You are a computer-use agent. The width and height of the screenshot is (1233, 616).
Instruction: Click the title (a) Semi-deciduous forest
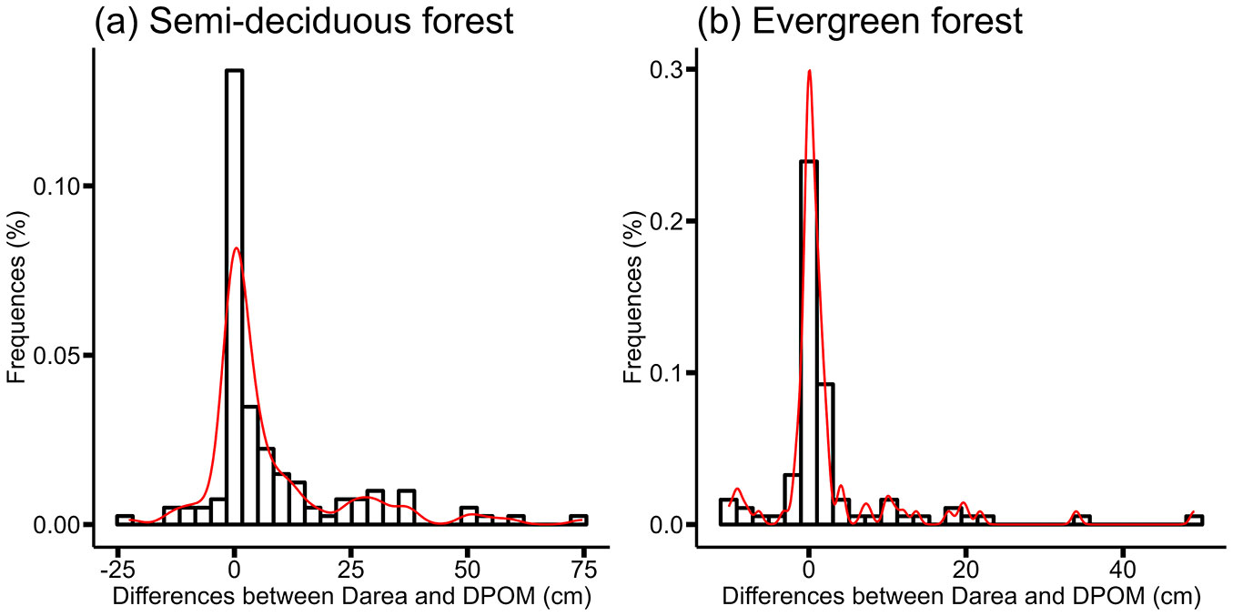(x=304, y=22)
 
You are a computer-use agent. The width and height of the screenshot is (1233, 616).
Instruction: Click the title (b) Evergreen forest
(x=860, y=22)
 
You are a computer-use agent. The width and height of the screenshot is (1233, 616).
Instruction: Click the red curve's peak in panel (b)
(x=809, y=71)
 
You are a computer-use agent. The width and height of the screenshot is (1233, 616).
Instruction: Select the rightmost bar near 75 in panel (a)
(x=579, y=520)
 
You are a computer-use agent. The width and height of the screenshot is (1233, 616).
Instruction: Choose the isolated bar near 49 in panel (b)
(x=1194, y=520)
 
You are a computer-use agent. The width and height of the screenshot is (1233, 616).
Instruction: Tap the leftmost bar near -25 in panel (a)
(x=125, y=520)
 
